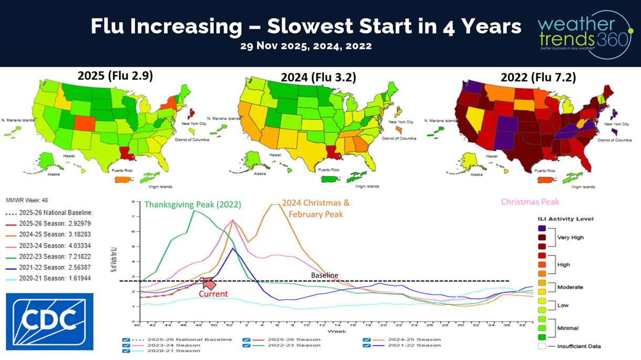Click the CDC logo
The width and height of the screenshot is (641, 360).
click(49, 322)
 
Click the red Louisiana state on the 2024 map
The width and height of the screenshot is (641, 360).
click(335, 152)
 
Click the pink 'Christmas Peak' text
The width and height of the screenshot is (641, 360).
click(530, 202)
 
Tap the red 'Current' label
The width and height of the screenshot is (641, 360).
click(213, 294)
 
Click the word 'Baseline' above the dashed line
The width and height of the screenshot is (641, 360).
click(324, 275)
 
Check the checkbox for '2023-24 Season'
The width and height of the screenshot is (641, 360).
click(126, 345)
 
